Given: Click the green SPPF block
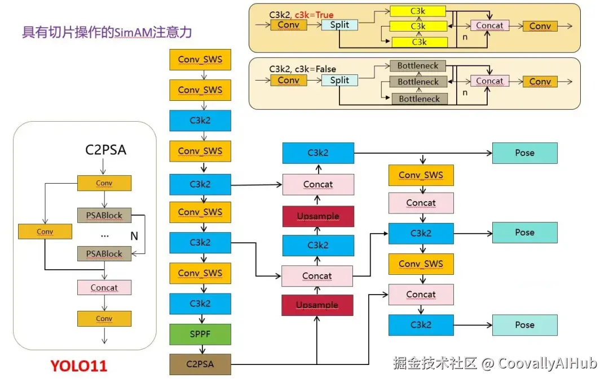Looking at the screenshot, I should pos(200,334).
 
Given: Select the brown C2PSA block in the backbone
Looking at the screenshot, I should pos(200,364).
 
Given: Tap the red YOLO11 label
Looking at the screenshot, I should pos(79,366).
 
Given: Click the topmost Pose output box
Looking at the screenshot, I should pos(524,153).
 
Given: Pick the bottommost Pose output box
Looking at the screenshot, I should pos(524,325).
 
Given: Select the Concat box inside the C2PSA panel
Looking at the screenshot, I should pos(104,288).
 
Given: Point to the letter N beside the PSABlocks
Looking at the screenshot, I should pos(134,237).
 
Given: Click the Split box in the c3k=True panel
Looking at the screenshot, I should pos(339,25).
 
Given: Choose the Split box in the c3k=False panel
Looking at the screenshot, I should pos(339,81).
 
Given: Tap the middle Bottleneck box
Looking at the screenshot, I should pos(418,82).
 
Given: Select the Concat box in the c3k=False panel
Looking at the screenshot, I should pos(489,81).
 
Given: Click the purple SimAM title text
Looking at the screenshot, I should pos(107,32).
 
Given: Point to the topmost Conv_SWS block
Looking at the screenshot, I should pos(200,59).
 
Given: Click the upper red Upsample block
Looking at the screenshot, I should pos(317,216).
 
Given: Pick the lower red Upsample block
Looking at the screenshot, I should pos(317,305).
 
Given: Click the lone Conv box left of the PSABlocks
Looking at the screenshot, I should pos(45,231).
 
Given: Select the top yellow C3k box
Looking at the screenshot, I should pos(418,11).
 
